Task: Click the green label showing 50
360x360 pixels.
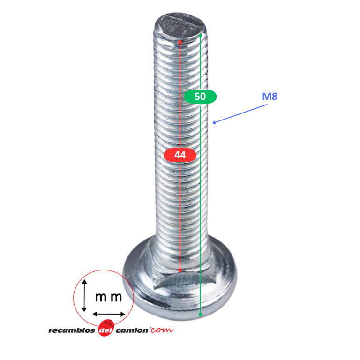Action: click(x=200, y=97)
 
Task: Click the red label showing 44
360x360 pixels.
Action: click(x=180, y=155)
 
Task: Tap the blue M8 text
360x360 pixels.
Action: click(x=270, y=97)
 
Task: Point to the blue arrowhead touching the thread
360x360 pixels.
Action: click(x=214, y=123)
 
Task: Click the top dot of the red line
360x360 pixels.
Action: click(x=180, y=42)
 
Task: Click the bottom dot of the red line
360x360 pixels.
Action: click(x=180, y=270)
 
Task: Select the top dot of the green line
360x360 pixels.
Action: click(x=201, y=36)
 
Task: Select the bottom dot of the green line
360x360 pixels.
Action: click(x=201, y=315)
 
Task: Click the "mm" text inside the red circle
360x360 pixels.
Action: click(x=108, y=297)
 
